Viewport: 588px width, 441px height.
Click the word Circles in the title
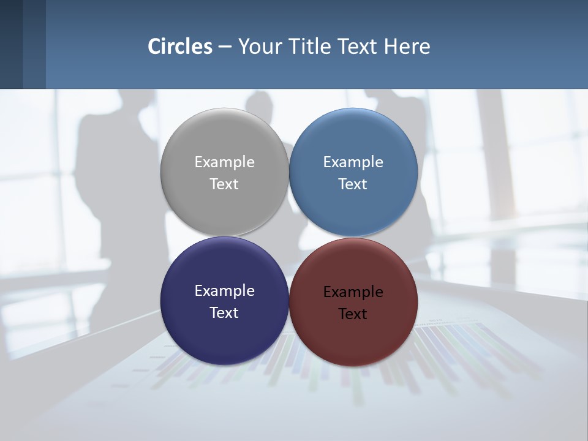click(180, 47)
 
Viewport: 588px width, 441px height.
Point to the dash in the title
click(225, 47)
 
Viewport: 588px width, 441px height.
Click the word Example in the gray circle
click(224, 162)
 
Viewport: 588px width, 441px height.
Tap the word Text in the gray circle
click(224, 184)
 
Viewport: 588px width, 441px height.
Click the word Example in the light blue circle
click(353, 162)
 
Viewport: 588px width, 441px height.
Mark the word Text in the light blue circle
click(353, 184)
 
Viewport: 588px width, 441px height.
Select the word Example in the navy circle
click(224, 290)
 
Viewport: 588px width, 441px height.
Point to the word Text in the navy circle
click(224, 312)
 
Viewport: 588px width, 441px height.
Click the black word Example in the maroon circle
click(353, 292)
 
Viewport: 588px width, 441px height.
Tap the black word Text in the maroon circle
click(353, 314)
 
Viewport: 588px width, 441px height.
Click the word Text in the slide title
click(359, 47)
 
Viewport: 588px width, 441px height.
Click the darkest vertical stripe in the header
click(11, 44)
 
